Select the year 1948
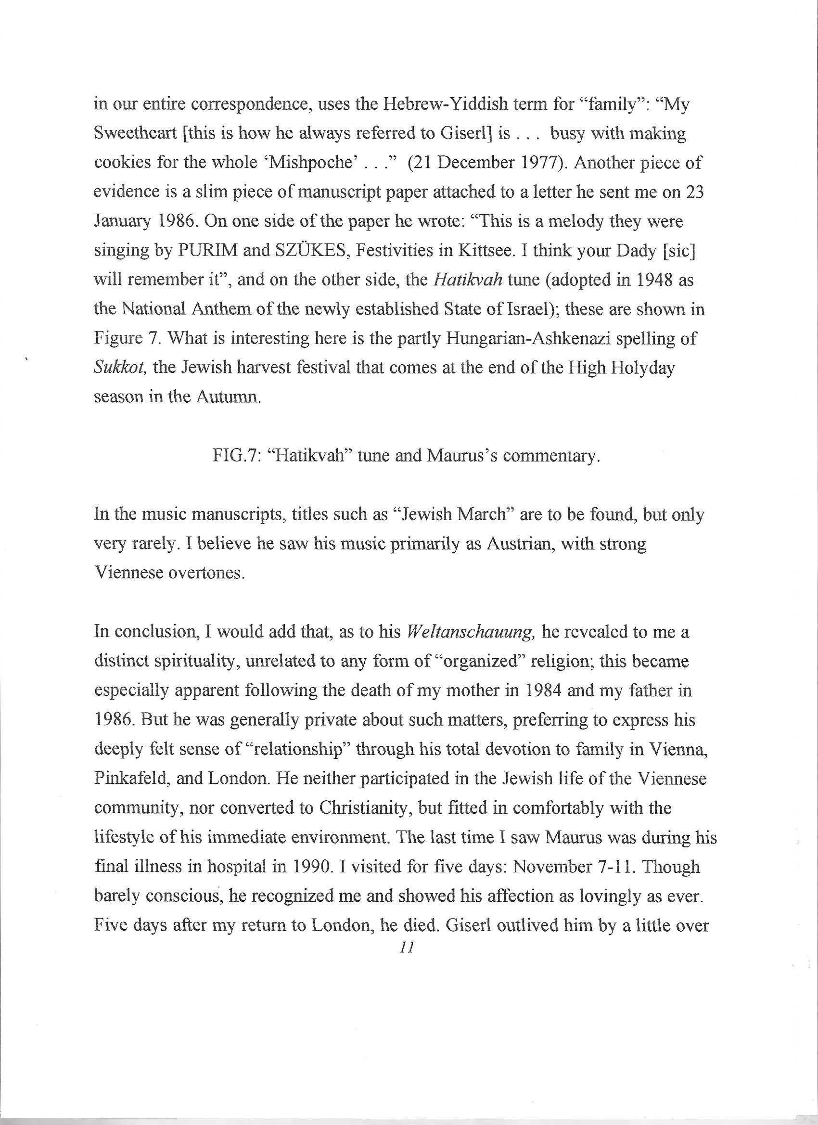(x=645, y=280)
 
